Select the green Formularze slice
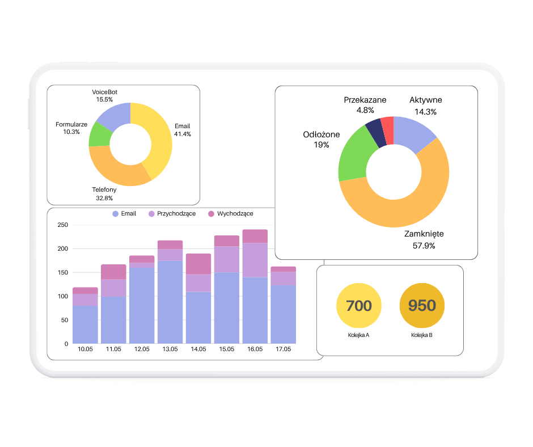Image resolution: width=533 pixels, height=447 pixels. (x=100, y=134)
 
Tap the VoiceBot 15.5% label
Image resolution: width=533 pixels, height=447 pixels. (x=104, y=95)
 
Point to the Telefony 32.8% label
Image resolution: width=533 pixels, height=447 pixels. (x=104, y=193)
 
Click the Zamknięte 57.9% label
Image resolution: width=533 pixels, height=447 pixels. (x=424, y=239)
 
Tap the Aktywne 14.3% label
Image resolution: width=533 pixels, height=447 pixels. (x=425, y=106)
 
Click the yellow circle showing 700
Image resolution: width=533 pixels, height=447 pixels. (x=358, y=306)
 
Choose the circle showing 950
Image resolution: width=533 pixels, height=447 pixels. (x=422, y=306)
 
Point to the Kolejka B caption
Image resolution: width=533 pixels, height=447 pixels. (x=422, y=335)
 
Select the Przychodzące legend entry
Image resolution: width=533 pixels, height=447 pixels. (x=172, y=214)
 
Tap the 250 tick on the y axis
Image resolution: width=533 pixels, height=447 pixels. (x=63, y=225)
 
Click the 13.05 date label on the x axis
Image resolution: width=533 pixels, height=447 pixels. (x=170, y=349)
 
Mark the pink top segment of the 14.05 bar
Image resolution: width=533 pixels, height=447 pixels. (x=198, y=264)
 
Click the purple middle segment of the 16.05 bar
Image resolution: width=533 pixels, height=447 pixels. (x=255, y=260)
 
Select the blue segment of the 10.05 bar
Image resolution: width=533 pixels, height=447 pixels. (x=85, y=324)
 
